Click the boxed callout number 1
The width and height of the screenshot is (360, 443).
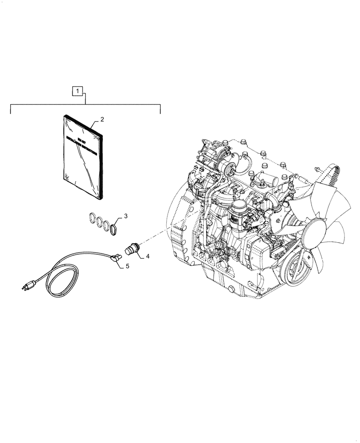point(78,92)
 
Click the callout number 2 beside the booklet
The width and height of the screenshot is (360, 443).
point(102,120)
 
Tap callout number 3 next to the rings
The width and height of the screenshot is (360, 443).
point(125,216)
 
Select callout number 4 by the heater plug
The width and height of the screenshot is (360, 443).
point(148,256)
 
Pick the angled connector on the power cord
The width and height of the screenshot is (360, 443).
point(117,257)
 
